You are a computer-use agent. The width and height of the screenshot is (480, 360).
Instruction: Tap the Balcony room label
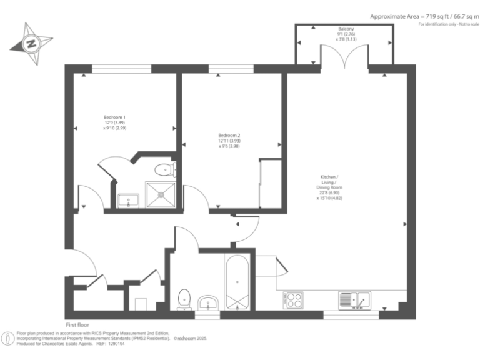point(346,29)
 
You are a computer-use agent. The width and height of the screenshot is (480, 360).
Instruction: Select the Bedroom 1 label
point(114,117)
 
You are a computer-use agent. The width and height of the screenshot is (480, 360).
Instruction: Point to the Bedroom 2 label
point(229,136)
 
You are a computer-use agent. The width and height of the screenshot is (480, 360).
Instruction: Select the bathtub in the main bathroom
point(237,282)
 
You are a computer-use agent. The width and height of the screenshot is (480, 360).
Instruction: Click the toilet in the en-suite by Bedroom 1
point(164,169)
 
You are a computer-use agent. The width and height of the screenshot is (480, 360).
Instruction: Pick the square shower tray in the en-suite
point(161,194)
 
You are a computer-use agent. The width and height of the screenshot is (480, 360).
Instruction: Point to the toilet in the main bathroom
point(184,299)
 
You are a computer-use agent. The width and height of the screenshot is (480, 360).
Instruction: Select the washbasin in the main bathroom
point(209,303)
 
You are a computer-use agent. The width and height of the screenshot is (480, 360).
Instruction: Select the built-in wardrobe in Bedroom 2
point(269,182)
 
